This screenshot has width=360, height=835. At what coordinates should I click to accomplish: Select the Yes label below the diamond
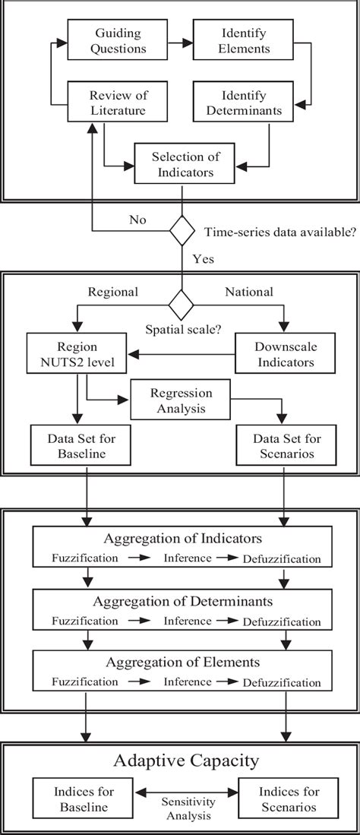click(203, 258)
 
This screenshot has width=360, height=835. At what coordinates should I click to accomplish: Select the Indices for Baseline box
click(73, 795)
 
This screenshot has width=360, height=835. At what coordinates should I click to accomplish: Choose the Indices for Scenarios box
click(285, 795)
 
